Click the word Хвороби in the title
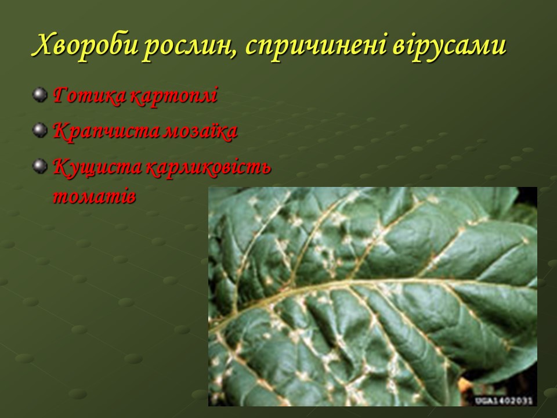(x=85, y=45)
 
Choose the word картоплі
(x=173, y=96)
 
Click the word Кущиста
(x=97, y=167)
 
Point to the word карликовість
(x=208, y=167)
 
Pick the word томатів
(x=94, y=196)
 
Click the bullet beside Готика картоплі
(x=40, y=95)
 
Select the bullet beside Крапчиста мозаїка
(x=40, y=130)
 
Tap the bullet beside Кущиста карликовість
(x=40, y=165)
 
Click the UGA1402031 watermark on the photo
(x=504, y=401)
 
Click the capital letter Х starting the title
(x=43, y=45)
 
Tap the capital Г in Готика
(x=62, y=95)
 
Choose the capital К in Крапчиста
(x=63, y=131)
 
